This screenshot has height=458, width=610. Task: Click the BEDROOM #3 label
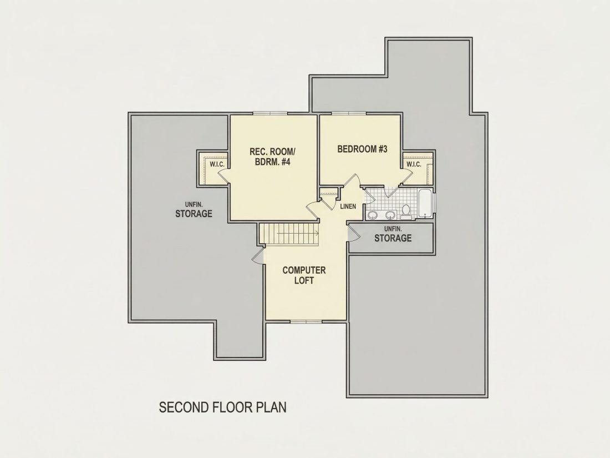coord(362,149)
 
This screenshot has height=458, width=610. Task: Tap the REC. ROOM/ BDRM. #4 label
coord(273,157)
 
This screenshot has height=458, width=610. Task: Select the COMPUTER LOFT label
coord(304,275)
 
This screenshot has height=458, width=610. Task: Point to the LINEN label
coord(348,207)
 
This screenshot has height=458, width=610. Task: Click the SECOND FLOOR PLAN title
coord(222,407)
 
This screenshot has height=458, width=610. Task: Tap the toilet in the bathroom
coord(406,211)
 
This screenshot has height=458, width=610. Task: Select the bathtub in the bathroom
coord(426,203)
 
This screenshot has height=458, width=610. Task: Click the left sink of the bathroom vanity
coord(373,215)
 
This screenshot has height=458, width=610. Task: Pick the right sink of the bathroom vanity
coord(390,215)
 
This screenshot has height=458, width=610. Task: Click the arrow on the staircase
coord(298,234)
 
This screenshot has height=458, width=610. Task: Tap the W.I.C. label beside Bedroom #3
coord(414,164)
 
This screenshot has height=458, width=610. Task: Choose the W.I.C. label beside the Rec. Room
coord(217,164)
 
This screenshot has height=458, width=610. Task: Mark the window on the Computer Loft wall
coord(306,321)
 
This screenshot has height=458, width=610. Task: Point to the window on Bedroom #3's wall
coord(349,113)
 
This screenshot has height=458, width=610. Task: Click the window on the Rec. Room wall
coord(271,113)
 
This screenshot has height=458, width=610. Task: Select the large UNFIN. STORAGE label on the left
coord(194,210)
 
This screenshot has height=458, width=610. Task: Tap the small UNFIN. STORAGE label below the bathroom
coord(393,234)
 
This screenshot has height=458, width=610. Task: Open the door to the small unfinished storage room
coord(353,234)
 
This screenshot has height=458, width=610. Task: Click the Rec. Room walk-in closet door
coord(224,176)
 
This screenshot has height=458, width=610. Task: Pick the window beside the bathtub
coord(435,203)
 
